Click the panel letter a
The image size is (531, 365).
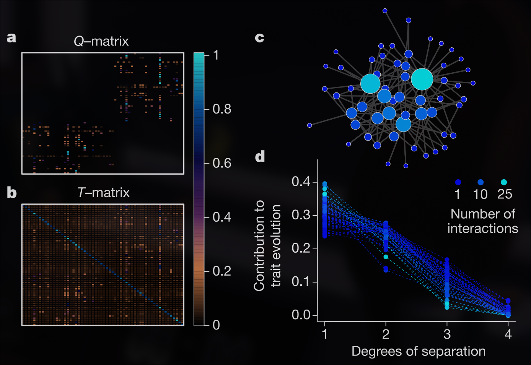11,37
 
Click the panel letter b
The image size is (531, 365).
11,193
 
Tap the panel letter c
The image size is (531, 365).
259,37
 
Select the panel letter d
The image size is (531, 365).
260,156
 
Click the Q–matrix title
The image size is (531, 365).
101,41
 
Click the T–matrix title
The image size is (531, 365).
103,193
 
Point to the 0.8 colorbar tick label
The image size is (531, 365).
222,109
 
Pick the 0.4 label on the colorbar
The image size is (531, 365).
222,217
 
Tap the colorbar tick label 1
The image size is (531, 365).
216,55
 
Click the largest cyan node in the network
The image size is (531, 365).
422,79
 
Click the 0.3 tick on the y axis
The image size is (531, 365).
301,215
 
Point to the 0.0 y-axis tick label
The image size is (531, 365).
301,315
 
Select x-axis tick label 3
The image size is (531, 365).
447,334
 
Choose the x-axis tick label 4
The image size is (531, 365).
508,334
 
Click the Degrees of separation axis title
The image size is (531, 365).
419,351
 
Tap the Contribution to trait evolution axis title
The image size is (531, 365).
267,245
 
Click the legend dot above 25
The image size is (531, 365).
504,182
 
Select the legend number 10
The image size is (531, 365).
481,194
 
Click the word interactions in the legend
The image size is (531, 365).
483,229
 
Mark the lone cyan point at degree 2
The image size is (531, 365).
386,257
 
